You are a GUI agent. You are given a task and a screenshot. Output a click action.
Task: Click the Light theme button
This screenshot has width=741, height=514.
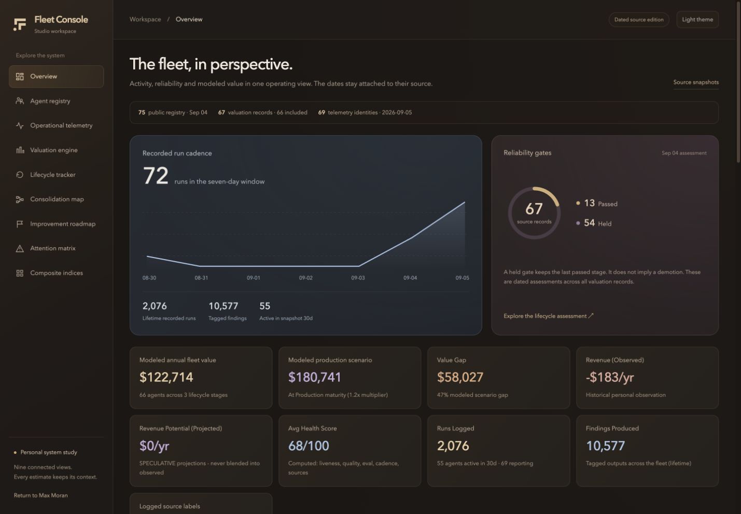pos(697,20)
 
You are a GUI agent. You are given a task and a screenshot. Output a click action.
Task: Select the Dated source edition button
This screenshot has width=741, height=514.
pos(639,20)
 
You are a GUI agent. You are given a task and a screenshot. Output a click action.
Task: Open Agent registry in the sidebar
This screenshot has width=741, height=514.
pos(50,101)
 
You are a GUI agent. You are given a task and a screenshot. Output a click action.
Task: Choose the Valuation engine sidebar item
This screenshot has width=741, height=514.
pos(53,150)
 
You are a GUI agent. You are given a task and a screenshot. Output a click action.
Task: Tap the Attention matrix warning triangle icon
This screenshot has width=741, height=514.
pos(20,248)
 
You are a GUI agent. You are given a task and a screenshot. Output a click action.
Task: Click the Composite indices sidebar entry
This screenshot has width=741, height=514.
pos(56,273)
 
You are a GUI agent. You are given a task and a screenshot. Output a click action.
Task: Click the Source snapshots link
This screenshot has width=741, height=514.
pos(696,82)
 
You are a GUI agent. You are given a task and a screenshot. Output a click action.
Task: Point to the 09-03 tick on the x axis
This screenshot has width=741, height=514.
pos(358,278)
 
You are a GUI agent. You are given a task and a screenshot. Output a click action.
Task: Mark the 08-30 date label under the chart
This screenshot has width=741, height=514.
pos(149,278)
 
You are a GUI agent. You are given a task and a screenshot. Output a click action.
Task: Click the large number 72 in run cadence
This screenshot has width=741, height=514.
pos(156,176)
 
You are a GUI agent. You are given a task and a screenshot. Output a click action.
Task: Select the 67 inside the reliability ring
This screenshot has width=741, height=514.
pos(534,209)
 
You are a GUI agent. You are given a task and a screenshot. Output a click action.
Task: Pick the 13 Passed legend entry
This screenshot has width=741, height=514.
pos(596,203)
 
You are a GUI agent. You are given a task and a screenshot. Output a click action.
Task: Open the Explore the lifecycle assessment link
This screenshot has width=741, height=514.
pos(549,316)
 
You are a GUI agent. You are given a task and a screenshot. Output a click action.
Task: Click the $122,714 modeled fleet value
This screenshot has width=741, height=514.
pos(166,377)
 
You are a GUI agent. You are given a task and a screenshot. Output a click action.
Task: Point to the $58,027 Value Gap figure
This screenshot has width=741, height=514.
pos(460,377)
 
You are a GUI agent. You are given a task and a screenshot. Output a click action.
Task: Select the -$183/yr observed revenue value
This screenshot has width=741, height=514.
pos(609,377)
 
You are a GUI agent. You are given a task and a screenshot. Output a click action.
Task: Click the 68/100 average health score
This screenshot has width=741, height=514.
pos(309,446)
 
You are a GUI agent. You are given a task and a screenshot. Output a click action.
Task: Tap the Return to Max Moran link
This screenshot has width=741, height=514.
pos(40,495)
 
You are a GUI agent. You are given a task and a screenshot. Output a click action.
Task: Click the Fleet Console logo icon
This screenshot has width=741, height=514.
pos(20,24)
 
